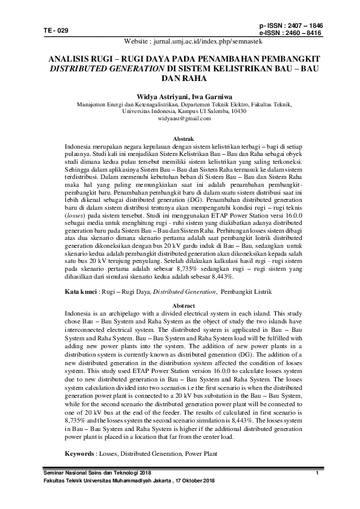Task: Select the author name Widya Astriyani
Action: (162, 96)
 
